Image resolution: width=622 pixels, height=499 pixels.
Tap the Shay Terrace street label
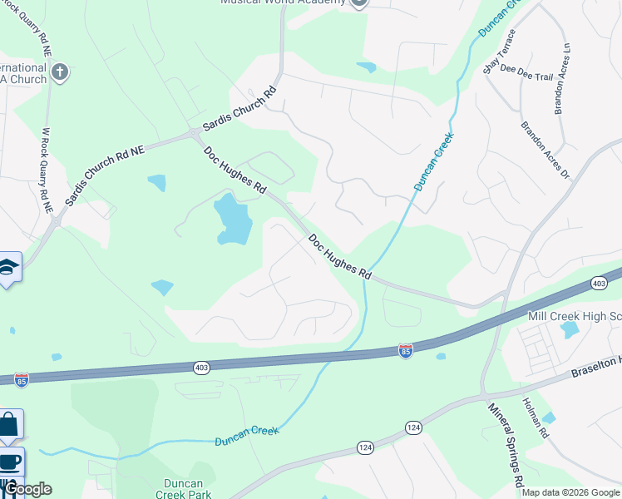click(501, 52)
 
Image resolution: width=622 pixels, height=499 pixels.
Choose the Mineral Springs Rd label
click(505, 444)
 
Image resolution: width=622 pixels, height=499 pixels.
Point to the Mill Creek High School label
click(575, 316)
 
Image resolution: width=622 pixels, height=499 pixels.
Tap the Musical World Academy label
click(283, 2)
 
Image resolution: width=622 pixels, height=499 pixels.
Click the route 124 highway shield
click(413, 427)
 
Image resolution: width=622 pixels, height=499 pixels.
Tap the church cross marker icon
click(59, 72)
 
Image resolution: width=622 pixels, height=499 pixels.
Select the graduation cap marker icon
click(8, 267)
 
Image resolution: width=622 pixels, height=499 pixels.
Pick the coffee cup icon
click(9, 462)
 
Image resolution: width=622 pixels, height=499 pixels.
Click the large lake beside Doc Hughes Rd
click(234, 219)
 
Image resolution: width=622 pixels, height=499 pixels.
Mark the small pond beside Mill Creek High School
click(570, 329)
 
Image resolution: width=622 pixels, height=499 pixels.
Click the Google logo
click(27, 489)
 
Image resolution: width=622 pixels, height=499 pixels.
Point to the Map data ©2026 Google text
click(571, 492)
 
